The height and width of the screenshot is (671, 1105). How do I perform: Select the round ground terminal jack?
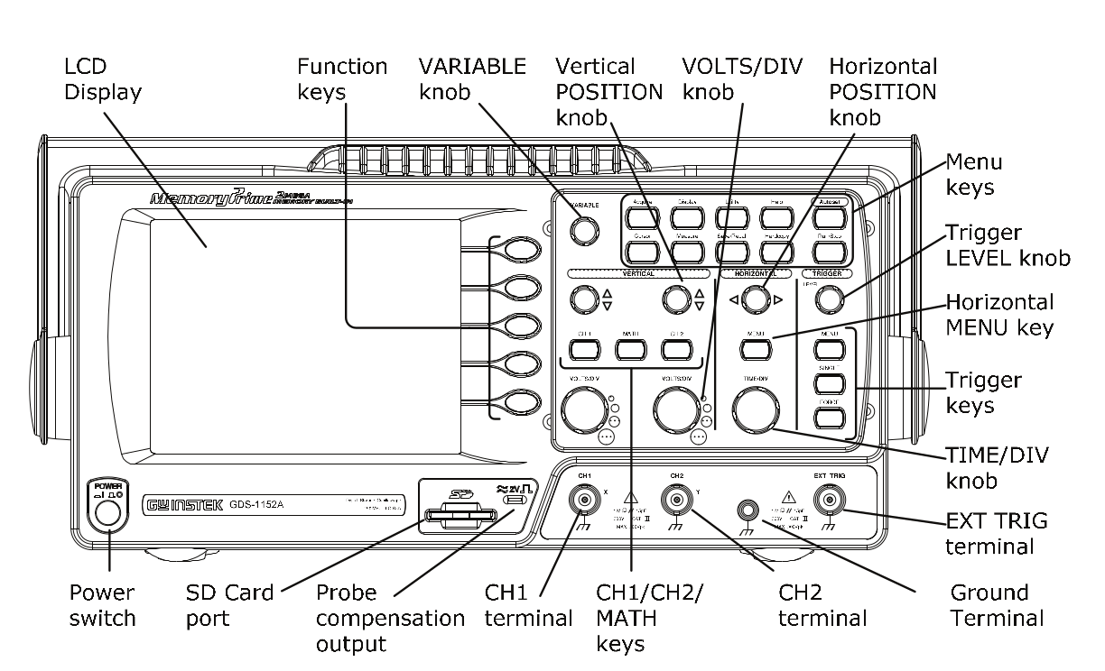click(x=748, y=511)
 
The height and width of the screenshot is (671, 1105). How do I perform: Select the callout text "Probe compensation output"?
click(x=390, y=619)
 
